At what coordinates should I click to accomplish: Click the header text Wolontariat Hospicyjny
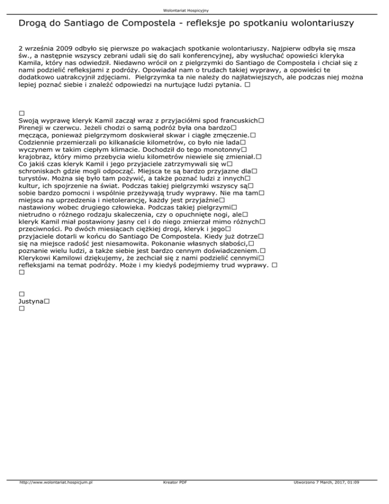tap(194, 10)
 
